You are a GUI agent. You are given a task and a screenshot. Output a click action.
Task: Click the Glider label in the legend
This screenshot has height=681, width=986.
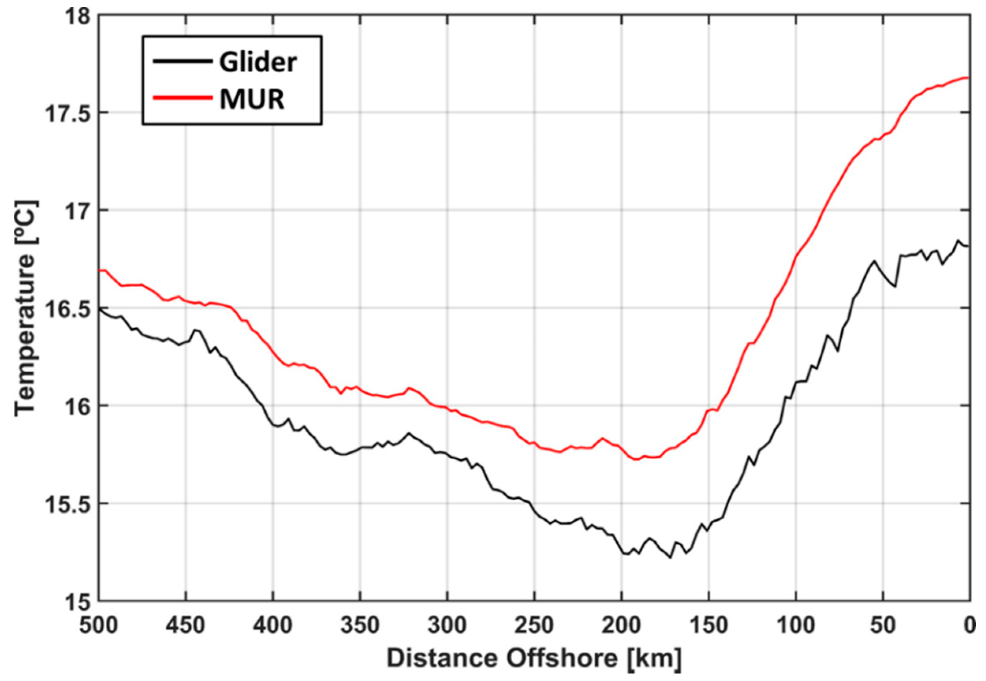pyautogui.click(x=258, y=63)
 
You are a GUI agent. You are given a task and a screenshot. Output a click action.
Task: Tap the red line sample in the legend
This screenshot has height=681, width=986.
pyautogui.click(x=183, y=98)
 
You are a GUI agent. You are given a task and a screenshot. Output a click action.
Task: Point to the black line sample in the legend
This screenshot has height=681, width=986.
pyautogui.click(x=183, y=61)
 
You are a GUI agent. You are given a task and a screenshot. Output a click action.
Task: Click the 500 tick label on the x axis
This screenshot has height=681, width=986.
pyautogui.click(x=99, y=626)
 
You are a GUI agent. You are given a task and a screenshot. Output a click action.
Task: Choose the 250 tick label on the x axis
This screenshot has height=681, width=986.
pyautogui.click(x=535, y=626)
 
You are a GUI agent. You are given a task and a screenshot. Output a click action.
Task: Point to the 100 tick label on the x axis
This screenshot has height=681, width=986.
pyautogui.click(x=796, y=626)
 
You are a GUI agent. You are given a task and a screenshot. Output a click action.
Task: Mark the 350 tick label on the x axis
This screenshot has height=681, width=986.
pyautogui.click(x=360, y=626)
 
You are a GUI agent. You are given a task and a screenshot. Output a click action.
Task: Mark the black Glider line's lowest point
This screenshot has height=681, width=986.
pyautogui.click(x=670, y=557)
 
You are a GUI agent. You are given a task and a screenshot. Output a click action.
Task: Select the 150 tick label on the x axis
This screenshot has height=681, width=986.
pyautogui.click(x=708, y=626)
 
